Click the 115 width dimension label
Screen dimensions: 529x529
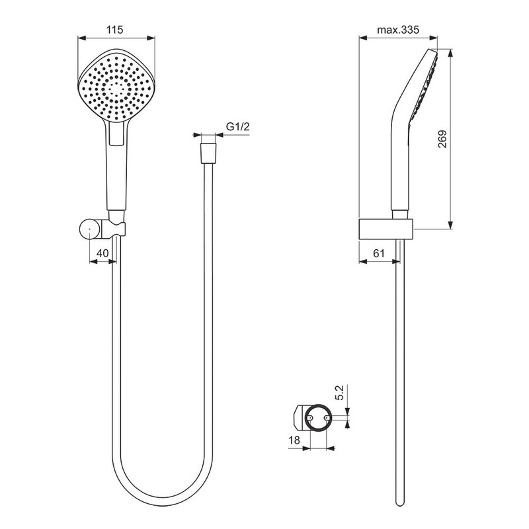[x=116, y=30]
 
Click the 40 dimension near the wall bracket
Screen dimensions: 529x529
[x=102, y=253]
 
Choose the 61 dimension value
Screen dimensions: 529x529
[x=379, y=253]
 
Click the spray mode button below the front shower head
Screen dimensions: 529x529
[x=116, y=134]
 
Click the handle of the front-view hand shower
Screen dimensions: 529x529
[x=116, y=175]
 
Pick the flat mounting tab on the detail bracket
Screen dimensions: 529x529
[x=299, y=417]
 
